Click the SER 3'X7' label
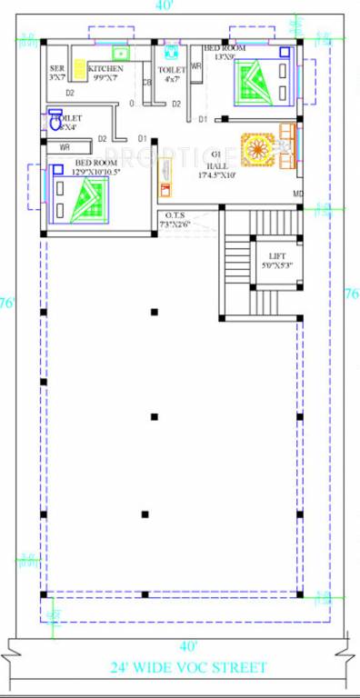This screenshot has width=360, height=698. pos(57,73)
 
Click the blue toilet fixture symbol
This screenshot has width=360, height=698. pos(54,118)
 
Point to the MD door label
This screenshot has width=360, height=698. pos(296,194)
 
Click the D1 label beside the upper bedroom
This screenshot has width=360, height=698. pos(203,119)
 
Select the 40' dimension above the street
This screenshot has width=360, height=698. pos(188,646)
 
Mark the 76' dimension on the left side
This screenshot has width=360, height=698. pos(7,303)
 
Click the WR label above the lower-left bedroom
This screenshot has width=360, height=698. pos(65,146)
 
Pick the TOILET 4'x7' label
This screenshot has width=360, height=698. pos(172,74)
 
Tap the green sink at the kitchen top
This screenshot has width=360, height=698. pos(120,53)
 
